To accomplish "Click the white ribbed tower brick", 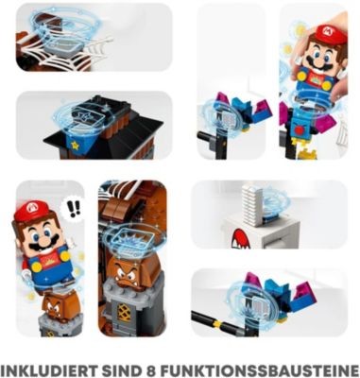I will [251, 203].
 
